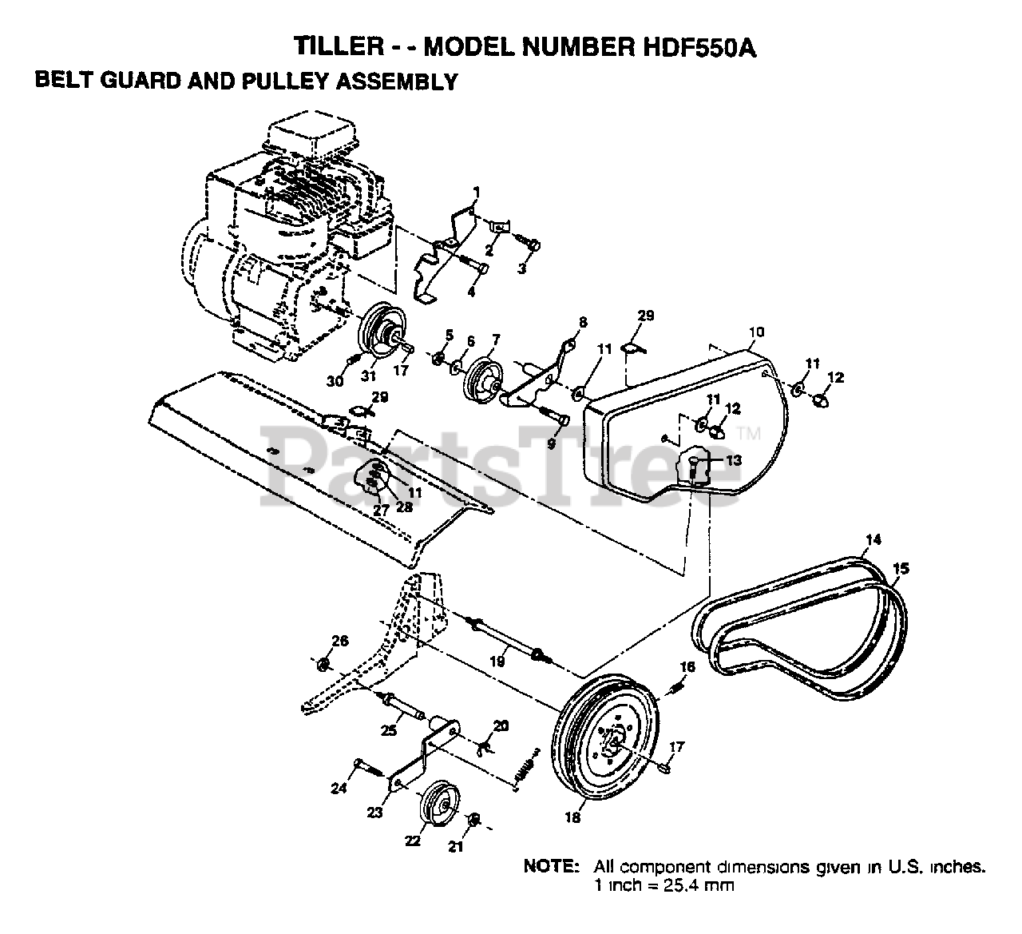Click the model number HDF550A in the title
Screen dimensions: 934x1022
coord(696,46)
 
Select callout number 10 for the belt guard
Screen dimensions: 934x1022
coord(756,331)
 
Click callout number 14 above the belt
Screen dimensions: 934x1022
coord(873,540)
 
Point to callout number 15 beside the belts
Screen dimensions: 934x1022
coord(901,569)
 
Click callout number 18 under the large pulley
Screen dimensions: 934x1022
coord(573,818)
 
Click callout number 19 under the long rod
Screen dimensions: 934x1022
coord(497,661)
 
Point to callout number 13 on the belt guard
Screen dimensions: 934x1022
coord(733,460)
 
